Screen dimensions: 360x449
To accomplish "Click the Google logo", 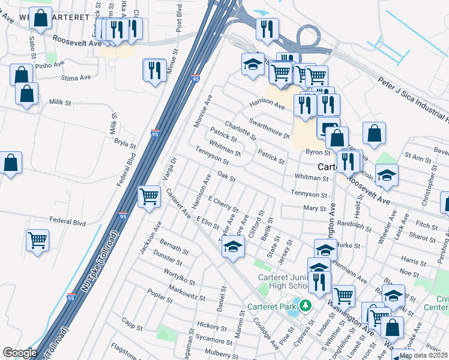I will pos(20,352).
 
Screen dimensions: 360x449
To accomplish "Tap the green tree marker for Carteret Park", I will pos(306,306).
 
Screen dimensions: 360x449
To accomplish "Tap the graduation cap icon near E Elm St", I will pos(232,246).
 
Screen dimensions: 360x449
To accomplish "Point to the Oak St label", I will pos(226,176).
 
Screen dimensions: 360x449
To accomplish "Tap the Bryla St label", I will pos(125,142).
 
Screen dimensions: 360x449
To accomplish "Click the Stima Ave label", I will pos(76,77).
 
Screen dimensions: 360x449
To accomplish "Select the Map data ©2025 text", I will pos(423,355).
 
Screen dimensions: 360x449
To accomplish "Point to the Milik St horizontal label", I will pos(60,103).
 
